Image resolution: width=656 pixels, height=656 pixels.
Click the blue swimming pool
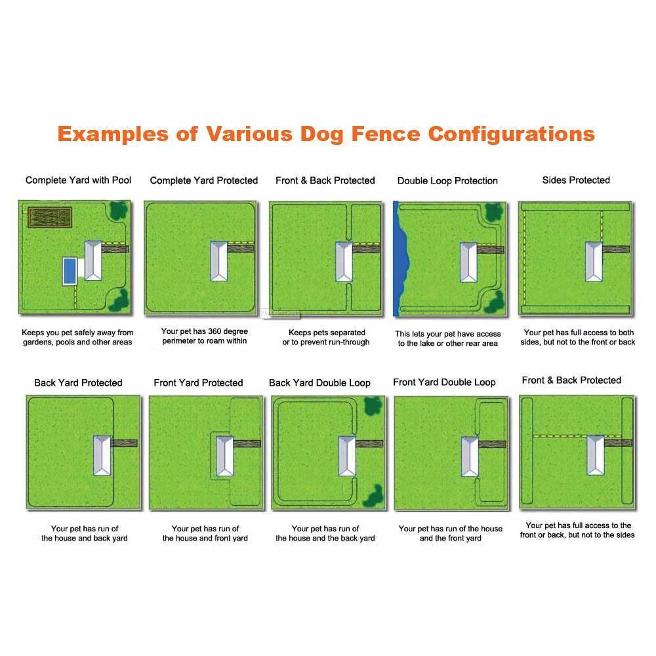[69, 271]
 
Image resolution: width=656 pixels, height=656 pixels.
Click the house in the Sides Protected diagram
[594, 260]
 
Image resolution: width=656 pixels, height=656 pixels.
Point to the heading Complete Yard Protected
[204, 180]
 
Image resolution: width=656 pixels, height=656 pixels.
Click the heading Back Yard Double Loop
[319, 383]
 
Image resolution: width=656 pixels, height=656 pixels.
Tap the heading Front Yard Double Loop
[444, 382]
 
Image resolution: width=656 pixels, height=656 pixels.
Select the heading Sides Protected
[576, 180]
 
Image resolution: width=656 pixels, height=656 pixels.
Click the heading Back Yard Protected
[78, 383]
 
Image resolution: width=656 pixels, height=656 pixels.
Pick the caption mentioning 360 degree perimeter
[204, 337]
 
